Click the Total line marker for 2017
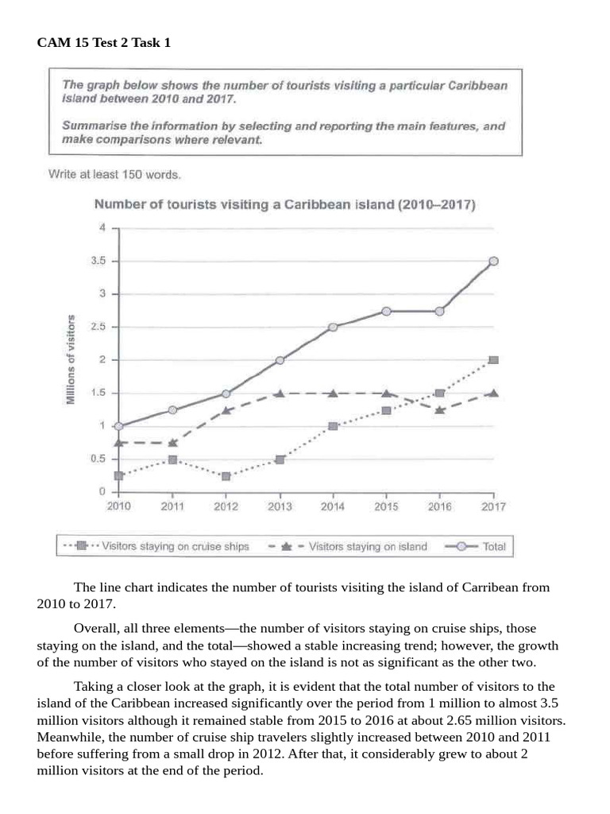[493, 261]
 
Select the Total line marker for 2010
[119, 426]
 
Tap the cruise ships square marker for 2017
[493, 360]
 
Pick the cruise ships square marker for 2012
[226, 476]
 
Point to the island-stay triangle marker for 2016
[440, 410]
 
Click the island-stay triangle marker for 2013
[280, 393]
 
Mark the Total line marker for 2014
[333, 327]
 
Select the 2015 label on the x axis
[386, 506]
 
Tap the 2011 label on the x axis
[172, 506]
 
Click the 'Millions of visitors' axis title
[71, 360]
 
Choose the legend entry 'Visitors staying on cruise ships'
[187, 546]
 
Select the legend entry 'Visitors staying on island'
[367, 546]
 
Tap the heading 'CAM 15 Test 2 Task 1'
[104, 43]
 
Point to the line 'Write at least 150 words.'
[114, 174]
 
